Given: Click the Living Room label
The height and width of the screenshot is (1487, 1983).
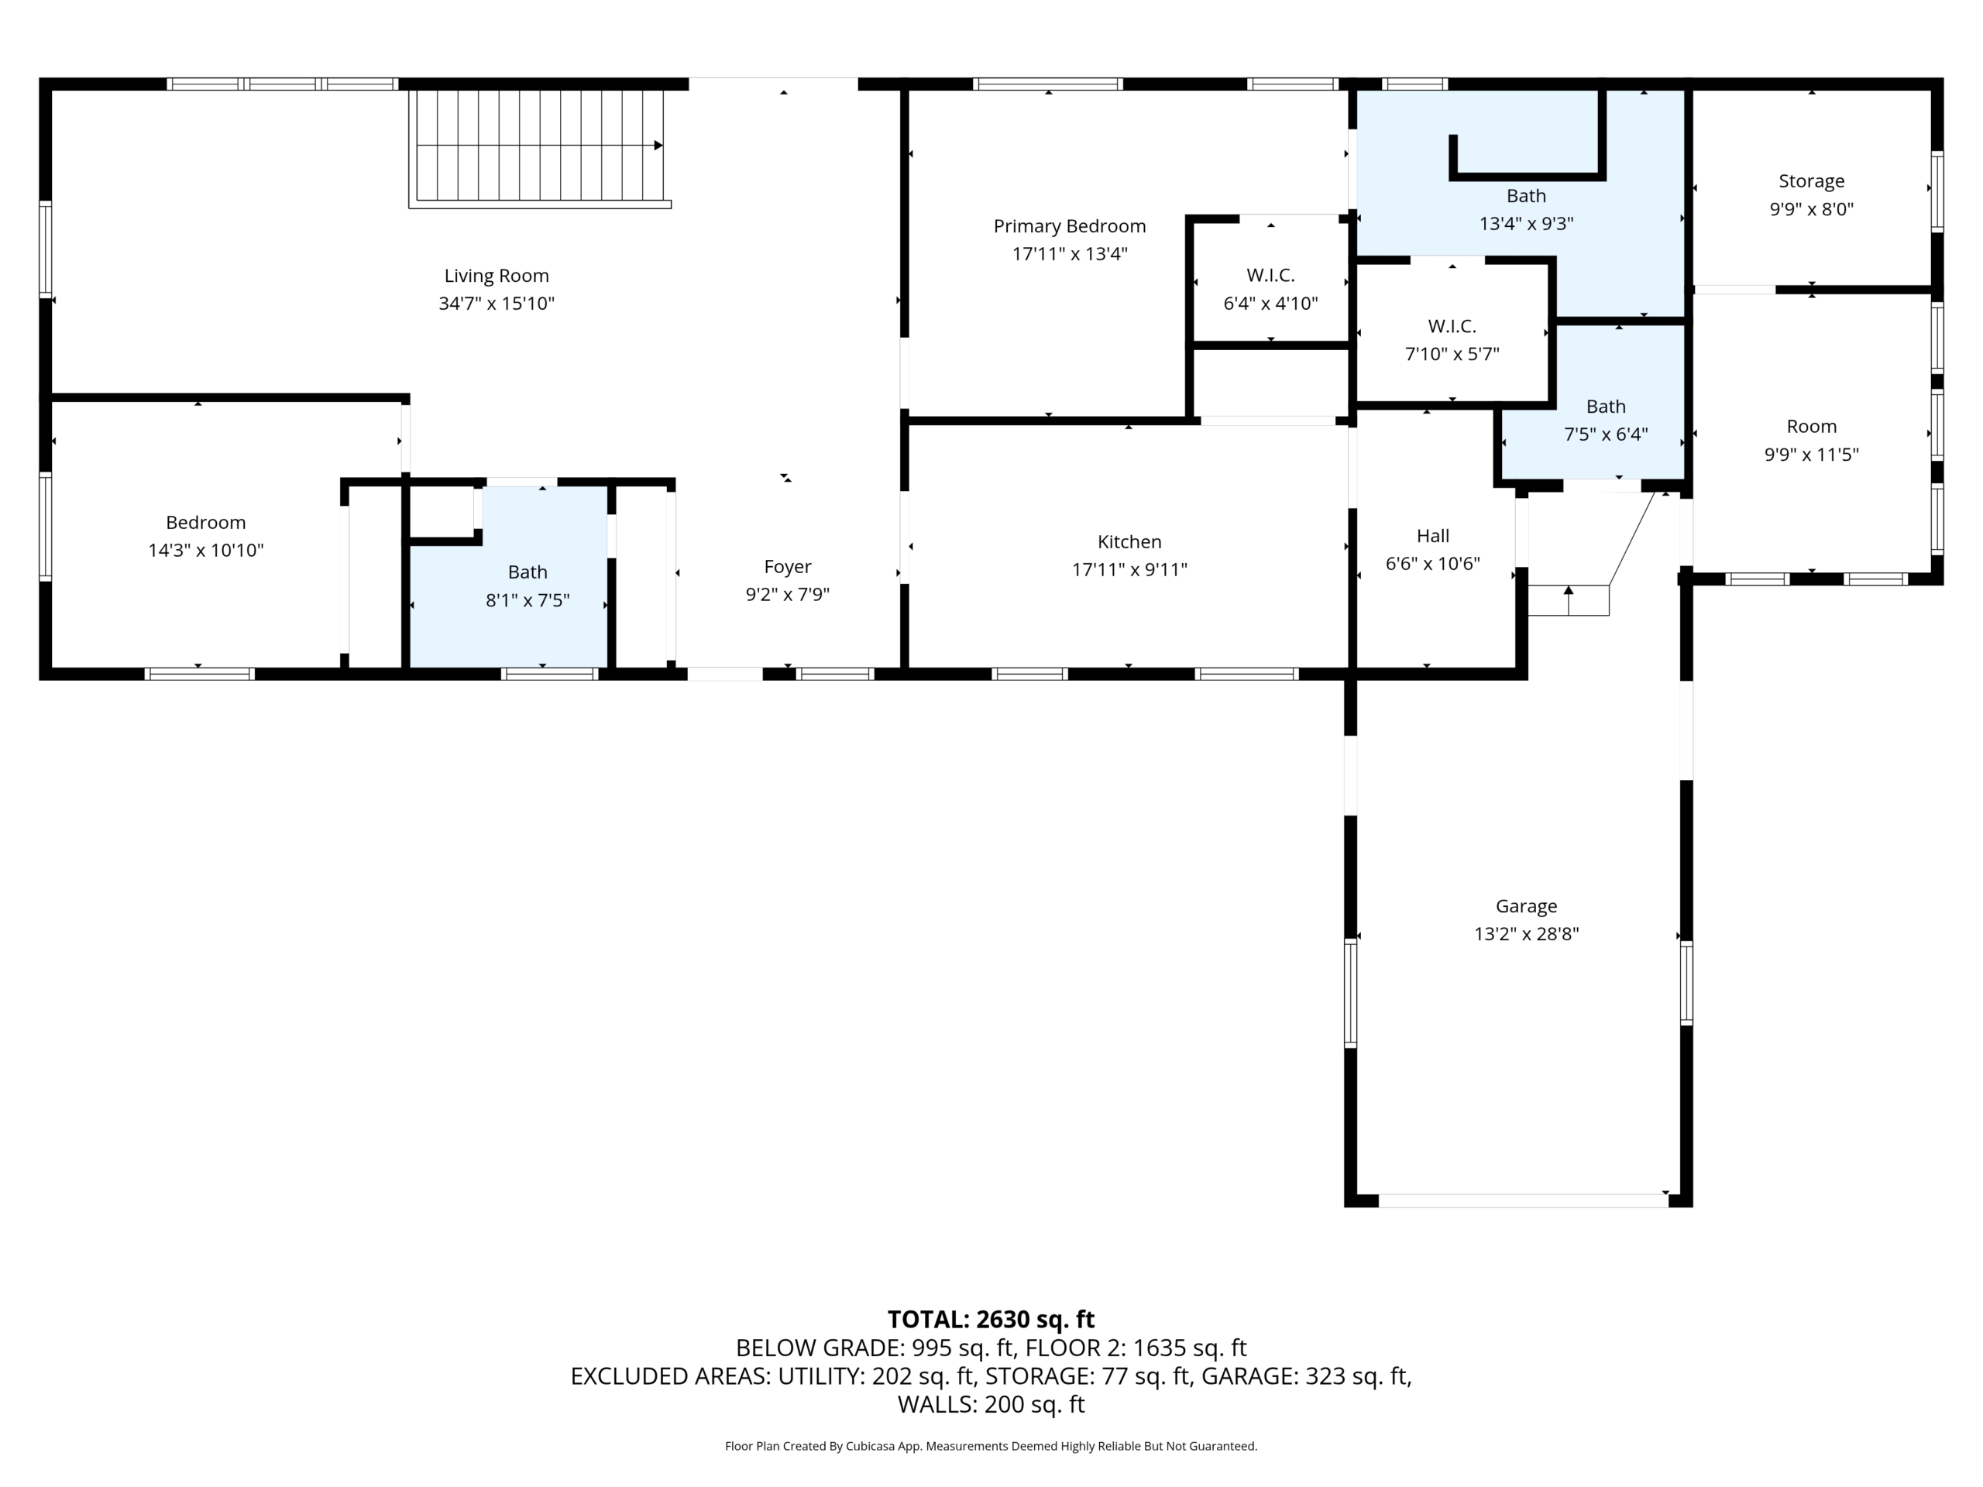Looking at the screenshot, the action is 497,276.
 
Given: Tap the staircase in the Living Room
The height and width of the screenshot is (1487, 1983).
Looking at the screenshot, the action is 540,148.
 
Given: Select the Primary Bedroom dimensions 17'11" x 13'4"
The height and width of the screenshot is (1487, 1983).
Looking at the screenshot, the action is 1070,254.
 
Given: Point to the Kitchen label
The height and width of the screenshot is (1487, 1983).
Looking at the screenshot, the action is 1129,541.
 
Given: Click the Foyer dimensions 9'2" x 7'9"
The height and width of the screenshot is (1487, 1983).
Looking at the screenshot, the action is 788,594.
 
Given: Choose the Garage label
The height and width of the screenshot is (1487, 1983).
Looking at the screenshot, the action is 1527,906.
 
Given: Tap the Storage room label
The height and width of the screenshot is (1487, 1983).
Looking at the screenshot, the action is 1812,182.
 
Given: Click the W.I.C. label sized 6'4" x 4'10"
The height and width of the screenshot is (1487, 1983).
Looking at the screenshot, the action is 1270,275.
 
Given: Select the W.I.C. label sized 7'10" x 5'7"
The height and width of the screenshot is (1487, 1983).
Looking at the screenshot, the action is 1452,326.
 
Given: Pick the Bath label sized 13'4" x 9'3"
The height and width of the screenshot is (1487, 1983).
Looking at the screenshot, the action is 1527,195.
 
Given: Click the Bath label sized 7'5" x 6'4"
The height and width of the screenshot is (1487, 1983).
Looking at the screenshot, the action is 1606,406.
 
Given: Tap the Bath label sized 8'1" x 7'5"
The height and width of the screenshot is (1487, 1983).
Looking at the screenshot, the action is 528,572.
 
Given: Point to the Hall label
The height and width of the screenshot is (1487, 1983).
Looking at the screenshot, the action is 1432,536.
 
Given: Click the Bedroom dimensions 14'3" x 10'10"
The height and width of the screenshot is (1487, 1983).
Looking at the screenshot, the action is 206,551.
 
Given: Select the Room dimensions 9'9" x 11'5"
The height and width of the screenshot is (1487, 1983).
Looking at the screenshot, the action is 1812,455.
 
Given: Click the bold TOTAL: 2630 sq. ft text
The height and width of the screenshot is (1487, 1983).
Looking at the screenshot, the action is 991,1320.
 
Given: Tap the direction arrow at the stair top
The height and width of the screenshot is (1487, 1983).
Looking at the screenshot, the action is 658,145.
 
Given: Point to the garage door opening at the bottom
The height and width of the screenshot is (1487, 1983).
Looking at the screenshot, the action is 1523,1200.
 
